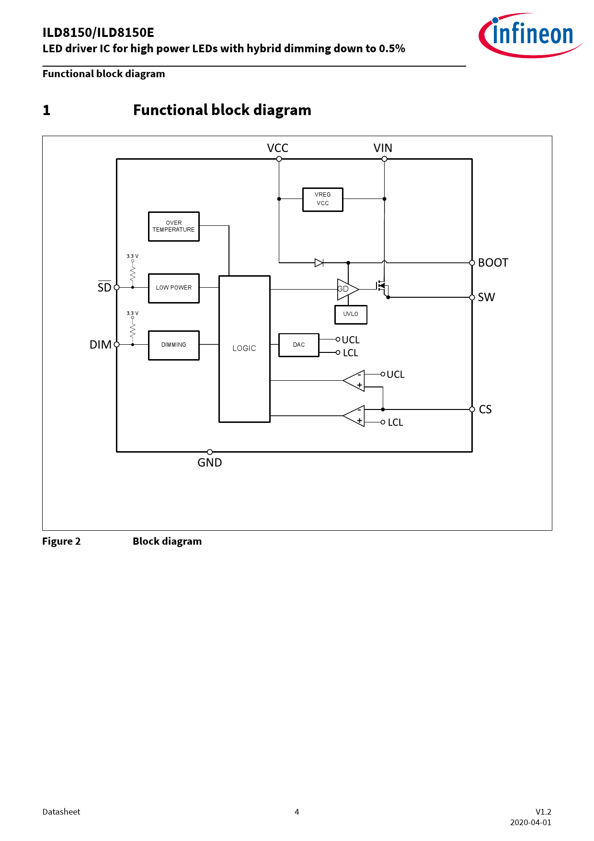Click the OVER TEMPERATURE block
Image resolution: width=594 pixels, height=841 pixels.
173,226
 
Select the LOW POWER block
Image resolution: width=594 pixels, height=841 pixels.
173,288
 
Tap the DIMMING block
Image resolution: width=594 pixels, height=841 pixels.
173,345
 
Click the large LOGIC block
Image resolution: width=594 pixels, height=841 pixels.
244,349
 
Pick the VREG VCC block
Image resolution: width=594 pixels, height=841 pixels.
322,199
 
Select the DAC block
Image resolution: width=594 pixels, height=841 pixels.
298,345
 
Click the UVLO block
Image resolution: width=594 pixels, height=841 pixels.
350,314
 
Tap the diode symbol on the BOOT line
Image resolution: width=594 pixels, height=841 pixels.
319,263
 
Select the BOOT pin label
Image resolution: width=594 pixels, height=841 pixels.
493,263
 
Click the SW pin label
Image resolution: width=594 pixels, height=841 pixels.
486,297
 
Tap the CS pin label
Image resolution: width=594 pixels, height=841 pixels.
485,409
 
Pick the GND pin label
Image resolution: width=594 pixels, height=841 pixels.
209,463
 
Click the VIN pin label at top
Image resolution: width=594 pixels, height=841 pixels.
383,148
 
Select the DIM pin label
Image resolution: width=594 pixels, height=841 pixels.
100,345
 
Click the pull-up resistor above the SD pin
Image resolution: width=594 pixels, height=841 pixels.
133,274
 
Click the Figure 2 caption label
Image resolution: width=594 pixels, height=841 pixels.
61,541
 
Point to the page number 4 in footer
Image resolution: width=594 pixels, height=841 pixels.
297,812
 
